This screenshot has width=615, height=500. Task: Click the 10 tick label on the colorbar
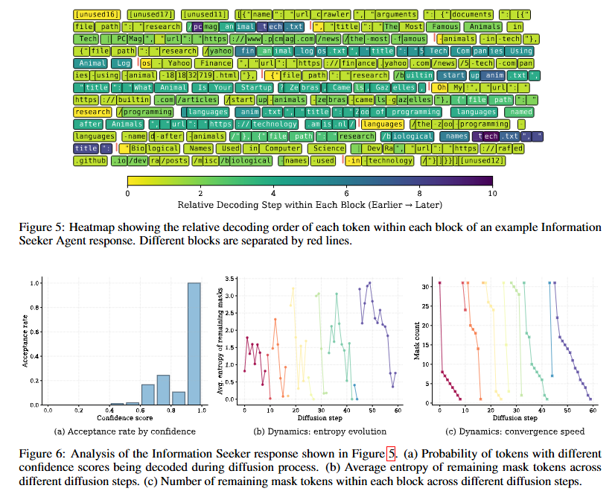pos(491,192)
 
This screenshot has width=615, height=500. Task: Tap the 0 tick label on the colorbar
pos(127,192)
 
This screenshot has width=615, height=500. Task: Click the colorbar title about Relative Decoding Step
pos(310,204)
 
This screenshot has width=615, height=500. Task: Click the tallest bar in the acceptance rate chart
pos(193,344)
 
